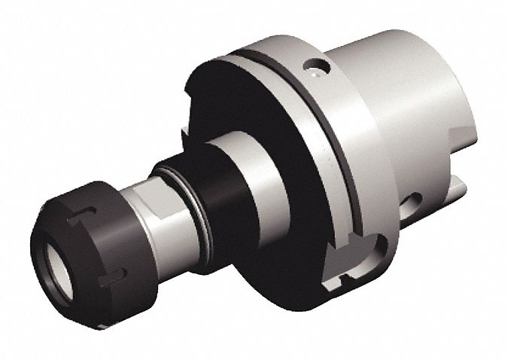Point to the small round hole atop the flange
[317, 67]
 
